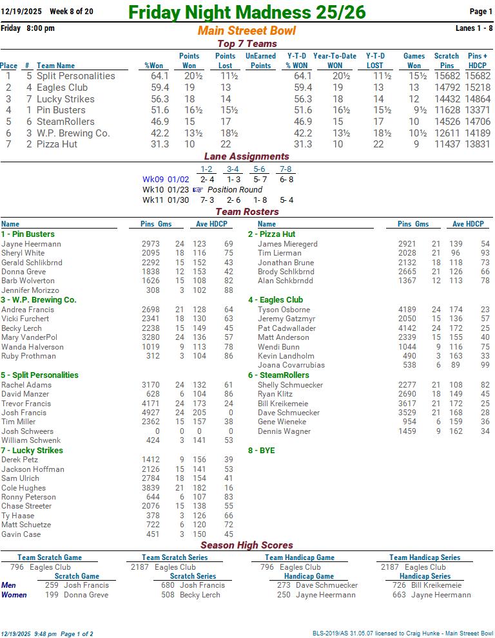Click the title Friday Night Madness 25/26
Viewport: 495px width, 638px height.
(247, 12)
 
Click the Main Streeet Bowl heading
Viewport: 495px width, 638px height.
(247, 31)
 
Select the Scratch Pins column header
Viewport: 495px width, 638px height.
(446, 61)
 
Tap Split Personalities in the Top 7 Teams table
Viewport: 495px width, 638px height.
(75, 76)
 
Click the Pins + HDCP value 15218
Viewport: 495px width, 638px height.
(478, 88)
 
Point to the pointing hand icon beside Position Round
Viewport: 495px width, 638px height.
(197, 190)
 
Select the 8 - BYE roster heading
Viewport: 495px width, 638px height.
(261, 451)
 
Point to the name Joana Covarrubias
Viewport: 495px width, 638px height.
(291, 365)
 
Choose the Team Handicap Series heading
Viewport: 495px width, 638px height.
(424, 558)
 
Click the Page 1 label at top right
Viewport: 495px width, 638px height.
(481, 12)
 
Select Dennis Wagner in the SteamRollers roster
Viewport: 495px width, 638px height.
(284, 431)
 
